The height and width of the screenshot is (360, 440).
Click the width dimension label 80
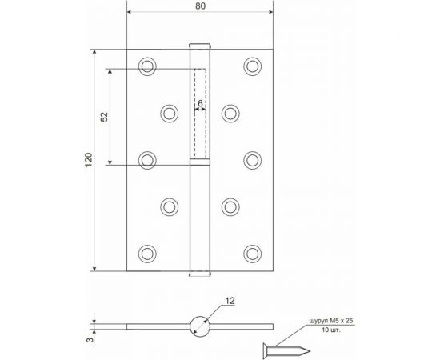pos(200,7)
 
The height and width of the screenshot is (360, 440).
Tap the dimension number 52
pos(104,117)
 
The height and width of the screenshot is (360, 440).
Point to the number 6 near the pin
pos(199,104)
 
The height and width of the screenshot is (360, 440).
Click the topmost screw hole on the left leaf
pos(146,66)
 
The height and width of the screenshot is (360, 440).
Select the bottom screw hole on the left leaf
pos(146,254)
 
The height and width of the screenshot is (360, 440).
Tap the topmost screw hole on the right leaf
pos(252,66)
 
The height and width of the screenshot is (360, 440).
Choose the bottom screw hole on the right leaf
pos(252,254)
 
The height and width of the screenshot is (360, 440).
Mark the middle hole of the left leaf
pos(146,159)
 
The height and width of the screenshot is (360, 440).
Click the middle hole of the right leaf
pos(252,159)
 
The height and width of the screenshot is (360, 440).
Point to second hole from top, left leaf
pos(169,113)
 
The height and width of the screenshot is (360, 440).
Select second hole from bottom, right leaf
pos(230,206)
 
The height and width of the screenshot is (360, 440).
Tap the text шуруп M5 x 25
pos(330,322)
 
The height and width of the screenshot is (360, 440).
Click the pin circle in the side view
pos(199,326)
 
